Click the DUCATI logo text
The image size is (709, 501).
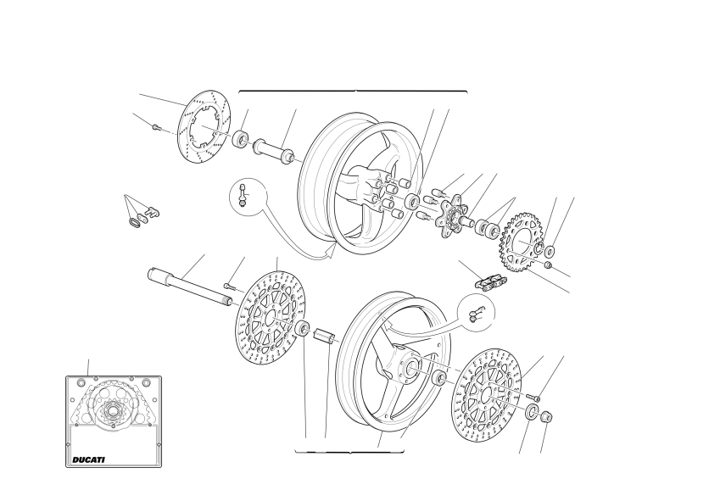click(88, 459)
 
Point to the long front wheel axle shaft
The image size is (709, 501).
click(190, 287)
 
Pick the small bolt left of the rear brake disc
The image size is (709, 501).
click(156, 127)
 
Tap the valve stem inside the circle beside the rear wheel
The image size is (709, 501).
click(243, 195)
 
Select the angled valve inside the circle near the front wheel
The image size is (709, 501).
click(476, 314)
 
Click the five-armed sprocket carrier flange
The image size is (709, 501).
click(449, 216)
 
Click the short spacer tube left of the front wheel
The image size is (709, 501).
click(325, 338)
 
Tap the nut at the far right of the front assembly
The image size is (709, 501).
click(547, 416)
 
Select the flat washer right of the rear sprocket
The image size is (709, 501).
click(550, 251)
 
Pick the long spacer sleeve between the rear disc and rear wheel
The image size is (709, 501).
click(272, 152)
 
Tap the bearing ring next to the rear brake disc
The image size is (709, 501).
click(241, 139)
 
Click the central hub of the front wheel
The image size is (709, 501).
click(409, 366)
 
